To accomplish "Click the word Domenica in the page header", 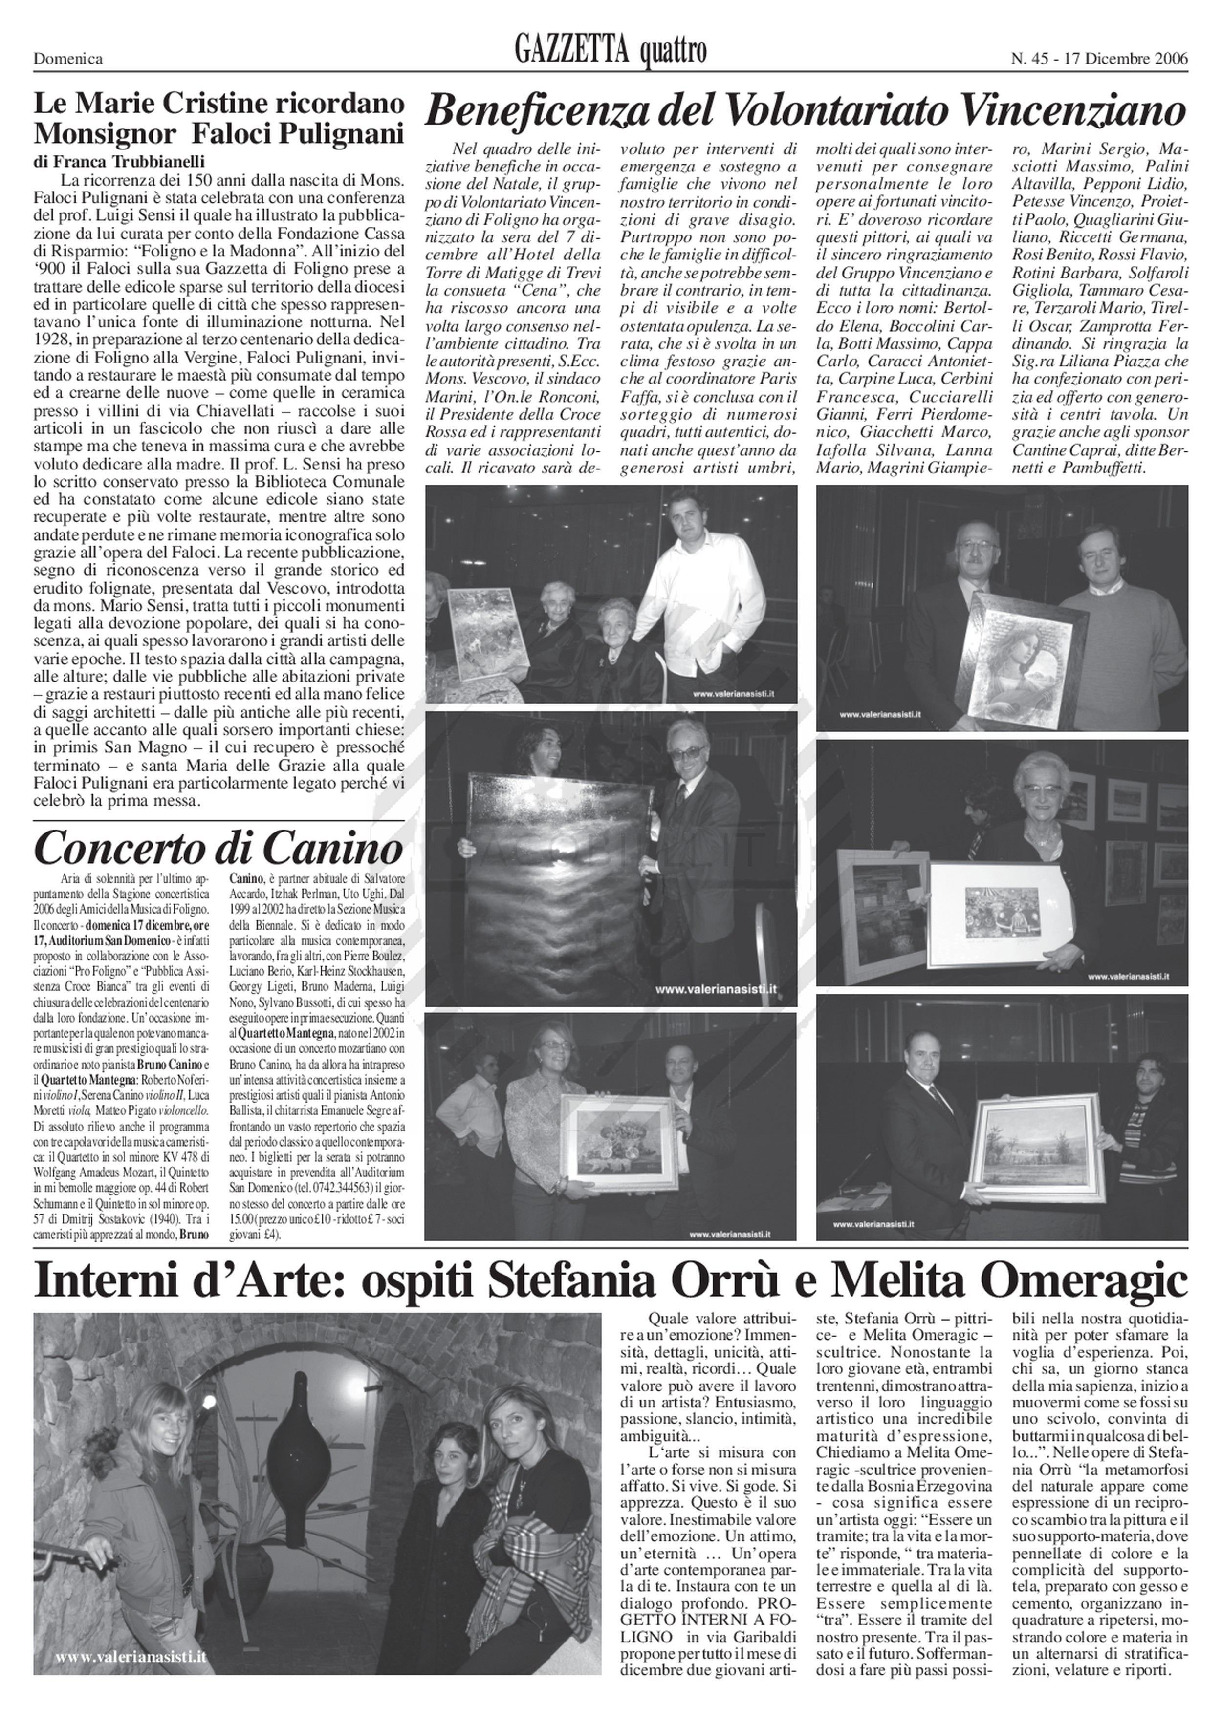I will point(68,59).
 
